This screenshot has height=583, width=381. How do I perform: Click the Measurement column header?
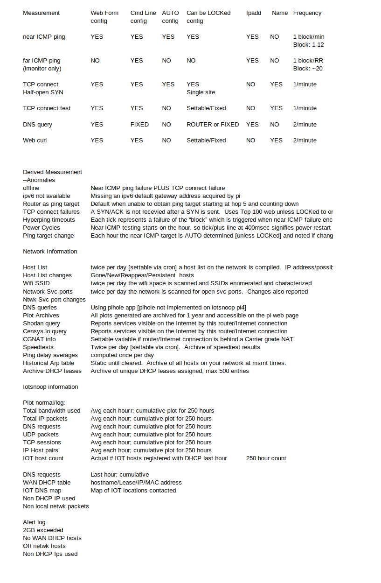pos(42,13)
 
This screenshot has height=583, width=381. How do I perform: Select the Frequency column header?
pos(307,13)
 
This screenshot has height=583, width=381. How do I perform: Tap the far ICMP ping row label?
pos(42,61)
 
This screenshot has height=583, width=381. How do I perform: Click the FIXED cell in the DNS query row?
pos(139,125)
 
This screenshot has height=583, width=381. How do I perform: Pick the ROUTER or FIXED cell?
pos(213,125)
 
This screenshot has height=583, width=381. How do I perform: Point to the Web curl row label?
pos(35,140)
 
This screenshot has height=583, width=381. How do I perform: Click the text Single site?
pos(201,92)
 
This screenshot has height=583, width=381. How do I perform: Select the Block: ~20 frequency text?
pos(308,69)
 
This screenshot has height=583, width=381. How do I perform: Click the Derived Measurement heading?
pos(53,172)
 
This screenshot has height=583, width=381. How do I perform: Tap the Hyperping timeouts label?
pos(49,220)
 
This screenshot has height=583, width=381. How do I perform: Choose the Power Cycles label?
pos(42,228)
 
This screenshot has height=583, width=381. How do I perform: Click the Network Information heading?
pos(50,252)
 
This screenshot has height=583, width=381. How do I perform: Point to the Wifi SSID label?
pos(36,283)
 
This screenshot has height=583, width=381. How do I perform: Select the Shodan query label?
pos(42,323)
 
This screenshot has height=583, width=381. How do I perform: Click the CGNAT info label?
pos(39,339)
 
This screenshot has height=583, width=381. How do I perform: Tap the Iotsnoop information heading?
pos(50,387)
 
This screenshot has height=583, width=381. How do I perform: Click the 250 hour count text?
pos(266,458)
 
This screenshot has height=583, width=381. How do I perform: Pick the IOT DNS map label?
pos(42,491)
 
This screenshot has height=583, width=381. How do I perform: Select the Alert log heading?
pos(35,522)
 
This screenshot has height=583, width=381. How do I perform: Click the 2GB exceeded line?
pos(43,530)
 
